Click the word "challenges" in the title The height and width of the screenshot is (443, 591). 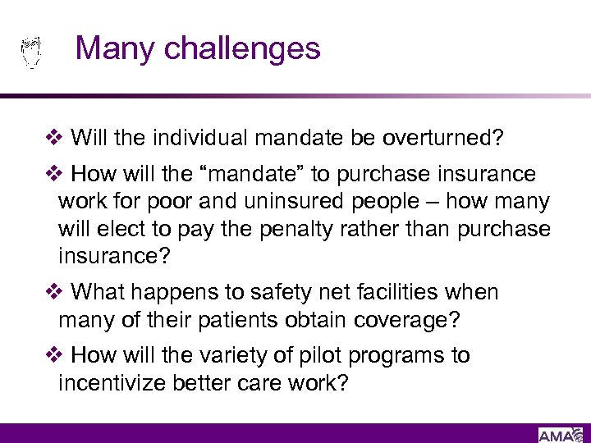click(242, 48)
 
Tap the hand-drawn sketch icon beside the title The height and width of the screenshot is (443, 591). click(30, 52)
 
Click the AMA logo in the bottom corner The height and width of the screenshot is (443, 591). click(557, 434)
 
